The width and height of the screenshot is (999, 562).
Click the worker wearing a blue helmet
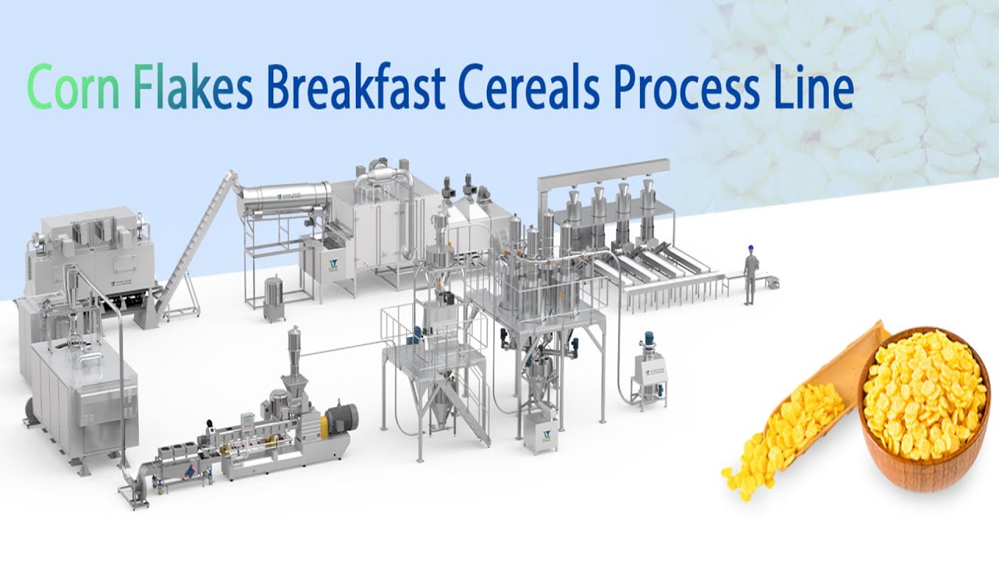pos(751,272)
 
